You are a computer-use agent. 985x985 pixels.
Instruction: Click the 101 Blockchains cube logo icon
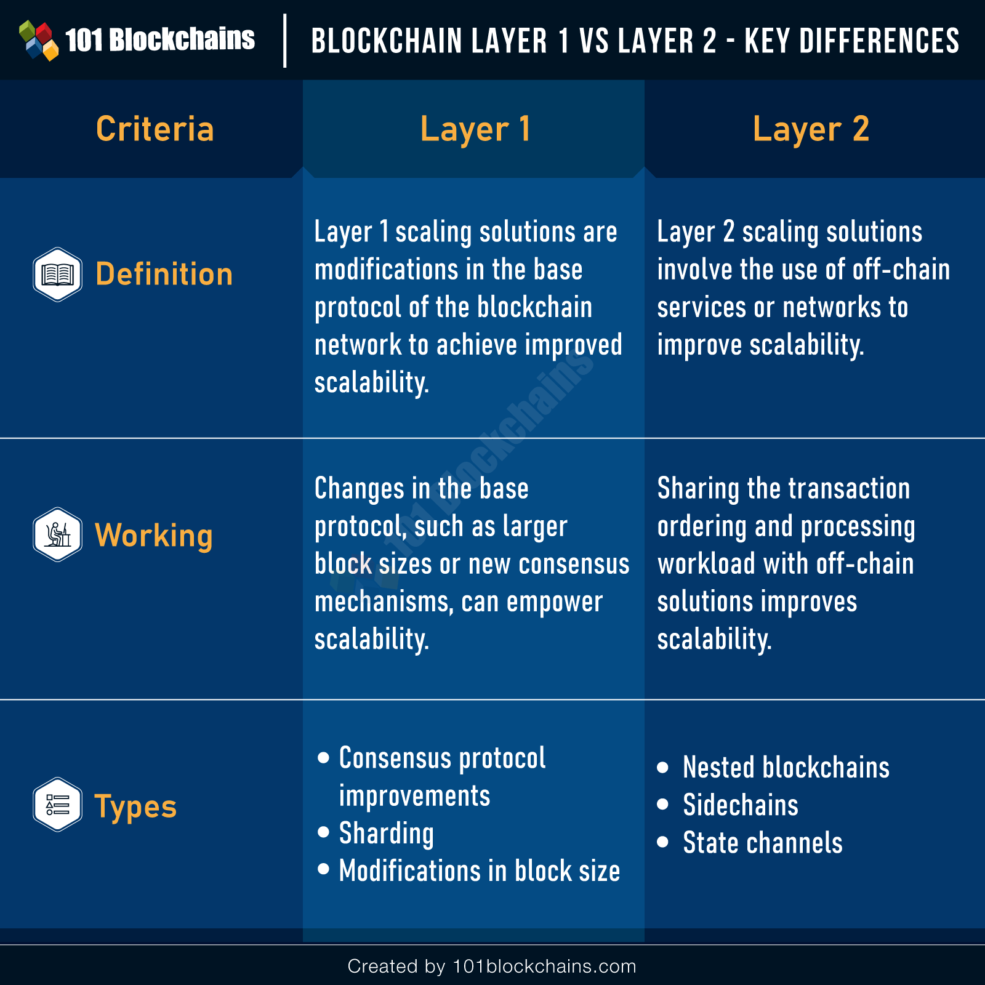point(39,40)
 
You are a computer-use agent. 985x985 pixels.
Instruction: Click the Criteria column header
point(155,129)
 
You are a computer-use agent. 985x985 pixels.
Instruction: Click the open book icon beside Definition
point(57,275)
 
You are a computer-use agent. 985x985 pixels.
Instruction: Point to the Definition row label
point(164,274)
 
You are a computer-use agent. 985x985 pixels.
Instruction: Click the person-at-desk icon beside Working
point(57,534)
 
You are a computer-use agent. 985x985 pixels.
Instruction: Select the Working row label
point(154,536)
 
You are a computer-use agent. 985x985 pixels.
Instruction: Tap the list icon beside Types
point(57,805)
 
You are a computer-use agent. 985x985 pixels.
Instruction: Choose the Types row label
point(135,807)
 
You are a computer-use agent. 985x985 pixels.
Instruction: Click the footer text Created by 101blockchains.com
point(492,967)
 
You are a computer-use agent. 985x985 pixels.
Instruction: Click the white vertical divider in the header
point(284,41)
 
